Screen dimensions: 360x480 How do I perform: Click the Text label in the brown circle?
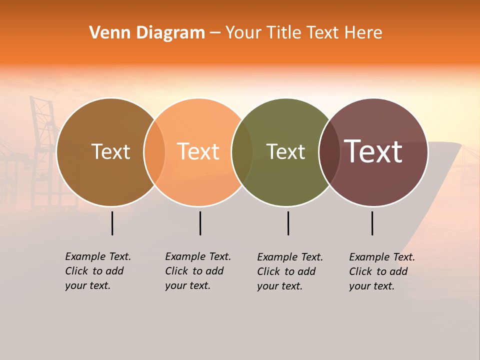click(x=110, y=151)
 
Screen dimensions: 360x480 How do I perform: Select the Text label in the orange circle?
click(x=198, y=151)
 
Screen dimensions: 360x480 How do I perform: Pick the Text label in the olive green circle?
click(x=285, y=151)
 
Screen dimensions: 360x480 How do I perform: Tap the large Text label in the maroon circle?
click(x=373, y=151)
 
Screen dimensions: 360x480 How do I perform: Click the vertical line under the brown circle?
click(x=112, y=223)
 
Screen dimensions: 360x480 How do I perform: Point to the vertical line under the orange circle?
click(x=200, y=223)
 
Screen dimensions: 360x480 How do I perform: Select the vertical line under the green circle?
click(x=288, y=223)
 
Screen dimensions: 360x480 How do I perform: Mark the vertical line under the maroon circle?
click(x=372, y=223)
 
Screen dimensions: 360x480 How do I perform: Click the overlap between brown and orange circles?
click(x=154, y=152)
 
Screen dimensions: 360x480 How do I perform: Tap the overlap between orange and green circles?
click(x=242, y=152)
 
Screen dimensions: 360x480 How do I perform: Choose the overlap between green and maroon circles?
click(x=329, y=152)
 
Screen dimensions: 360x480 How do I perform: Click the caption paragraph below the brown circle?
click(x=97, y=271)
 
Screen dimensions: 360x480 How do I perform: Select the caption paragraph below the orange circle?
click(x=197, y=271)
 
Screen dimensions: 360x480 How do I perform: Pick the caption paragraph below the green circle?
click(x=289, y=271)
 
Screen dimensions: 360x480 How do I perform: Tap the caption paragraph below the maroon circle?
click(x=381, y=271)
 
